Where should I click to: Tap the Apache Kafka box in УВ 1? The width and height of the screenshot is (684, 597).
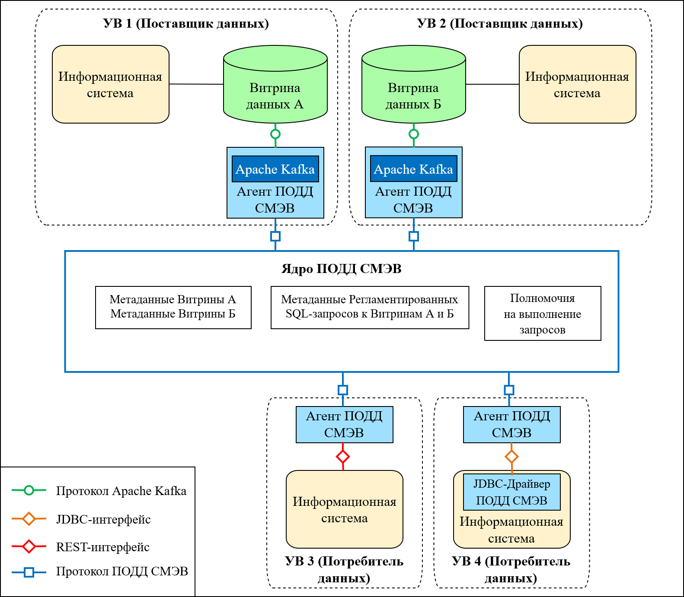275,169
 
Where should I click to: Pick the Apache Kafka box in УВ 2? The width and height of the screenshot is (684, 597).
413,169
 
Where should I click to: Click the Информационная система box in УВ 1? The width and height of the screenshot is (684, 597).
110,84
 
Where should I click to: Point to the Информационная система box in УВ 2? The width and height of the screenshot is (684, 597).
577,84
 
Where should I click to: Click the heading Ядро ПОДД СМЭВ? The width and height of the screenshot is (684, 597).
342,269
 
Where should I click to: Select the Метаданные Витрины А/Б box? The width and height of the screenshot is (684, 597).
173,307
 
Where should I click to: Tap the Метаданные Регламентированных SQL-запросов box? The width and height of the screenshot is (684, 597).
370,307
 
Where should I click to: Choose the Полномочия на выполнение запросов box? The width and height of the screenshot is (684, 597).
543,314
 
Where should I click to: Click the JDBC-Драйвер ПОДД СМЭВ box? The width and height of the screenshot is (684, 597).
511,492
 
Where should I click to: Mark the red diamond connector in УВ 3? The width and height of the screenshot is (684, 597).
343,457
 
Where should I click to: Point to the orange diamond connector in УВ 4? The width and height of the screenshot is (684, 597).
511,457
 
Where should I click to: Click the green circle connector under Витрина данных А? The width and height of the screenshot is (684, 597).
275,134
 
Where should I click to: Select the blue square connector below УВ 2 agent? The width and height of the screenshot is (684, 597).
414,236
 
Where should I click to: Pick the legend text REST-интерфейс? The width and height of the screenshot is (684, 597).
103,547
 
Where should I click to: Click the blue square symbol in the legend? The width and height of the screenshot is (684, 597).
29,572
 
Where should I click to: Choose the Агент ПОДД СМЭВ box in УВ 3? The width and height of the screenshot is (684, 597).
344,424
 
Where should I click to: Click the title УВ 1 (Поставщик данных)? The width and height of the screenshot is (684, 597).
186,23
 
